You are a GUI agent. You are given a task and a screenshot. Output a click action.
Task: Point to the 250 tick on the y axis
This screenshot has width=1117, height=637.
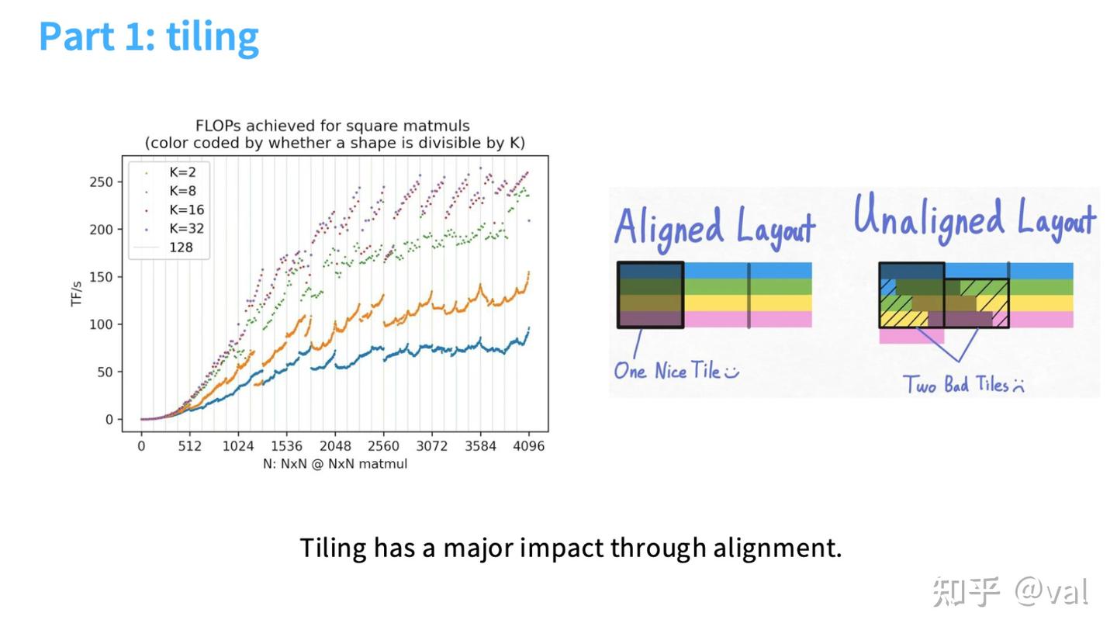pyautogui.click(x=102, y=182)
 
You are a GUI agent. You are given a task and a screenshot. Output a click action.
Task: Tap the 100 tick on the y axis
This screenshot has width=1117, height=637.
pyautogui.click(x=102, y=325)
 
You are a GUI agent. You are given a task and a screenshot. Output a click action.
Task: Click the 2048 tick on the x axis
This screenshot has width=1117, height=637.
pyautogui.click(x=335, y=446)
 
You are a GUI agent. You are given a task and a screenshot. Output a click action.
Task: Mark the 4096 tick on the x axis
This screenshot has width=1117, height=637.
pyautogui.click(x=528, y=446)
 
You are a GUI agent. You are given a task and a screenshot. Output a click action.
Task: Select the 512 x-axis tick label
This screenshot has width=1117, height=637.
pyautogui.click(x=189, y=446)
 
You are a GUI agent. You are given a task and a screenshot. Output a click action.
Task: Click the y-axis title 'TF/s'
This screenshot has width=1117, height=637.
pyautogui.click(x=76, y=294)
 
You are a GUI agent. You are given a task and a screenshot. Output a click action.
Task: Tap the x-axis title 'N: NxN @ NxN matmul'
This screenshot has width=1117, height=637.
pyautogui.click(x=335, y=465)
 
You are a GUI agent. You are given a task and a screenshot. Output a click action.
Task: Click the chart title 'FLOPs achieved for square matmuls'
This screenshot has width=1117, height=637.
pyautogui.click(x=333, y=126)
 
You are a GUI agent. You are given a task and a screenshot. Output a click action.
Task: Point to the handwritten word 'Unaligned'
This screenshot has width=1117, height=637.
pyautogui.click(x=929, y=218)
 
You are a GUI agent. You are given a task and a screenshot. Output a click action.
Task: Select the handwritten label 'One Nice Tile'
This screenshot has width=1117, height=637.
pyautogui.click(x=667, y=372)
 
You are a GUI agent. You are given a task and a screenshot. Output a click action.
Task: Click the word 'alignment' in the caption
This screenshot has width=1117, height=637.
pyautogui.click(x=777, y=549)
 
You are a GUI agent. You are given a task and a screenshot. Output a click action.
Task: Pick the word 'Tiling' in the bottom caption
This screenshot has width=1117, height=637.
pyautogui.click(x=333, y=549)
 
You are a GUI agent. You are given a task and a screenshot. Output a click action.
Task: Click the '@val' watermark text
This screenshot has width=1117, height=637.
pyautogui.click(x=1052, y=591)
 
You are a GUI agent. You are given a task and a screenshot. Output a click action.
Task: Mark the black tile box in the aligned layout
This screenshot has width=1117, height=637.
pyautogui.click(x=617, y=295)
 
